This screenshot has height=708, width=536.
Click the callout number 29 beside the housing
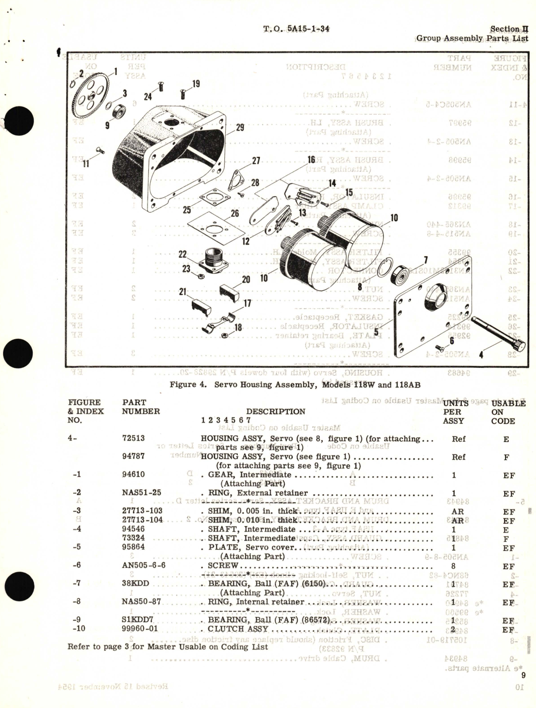[x=240, y=128]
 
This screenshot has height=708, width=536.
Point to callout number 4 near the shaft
[x=481, y=356]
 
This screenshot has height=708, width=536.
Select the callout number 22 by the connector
[x=182, y=254]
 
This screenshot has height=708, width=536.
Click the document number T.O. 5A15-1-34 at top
[x=296, y=29]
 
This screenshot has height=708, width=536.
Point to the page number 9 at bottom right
[x=523, y=676]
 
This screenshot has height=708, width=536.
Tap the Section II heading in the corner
[x=509, y=29]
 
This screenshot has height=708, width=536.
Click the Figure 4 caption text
[x=295, y=384]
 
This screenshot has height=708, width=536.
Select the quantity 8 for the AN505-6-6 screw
[x=454, y=566]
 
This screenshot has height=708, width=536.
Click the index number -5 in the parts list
[x=76, y=547]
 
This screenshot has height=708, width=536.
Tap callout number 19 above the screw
[x=196, y=84]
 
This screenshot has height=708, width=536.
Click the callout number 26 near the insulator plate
[x=235, y=214]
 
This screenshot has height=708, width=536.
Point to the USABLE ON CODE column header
[x=503, y=412]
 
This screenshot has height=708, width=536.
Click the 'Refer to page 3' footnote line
[x=168, y=646]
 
